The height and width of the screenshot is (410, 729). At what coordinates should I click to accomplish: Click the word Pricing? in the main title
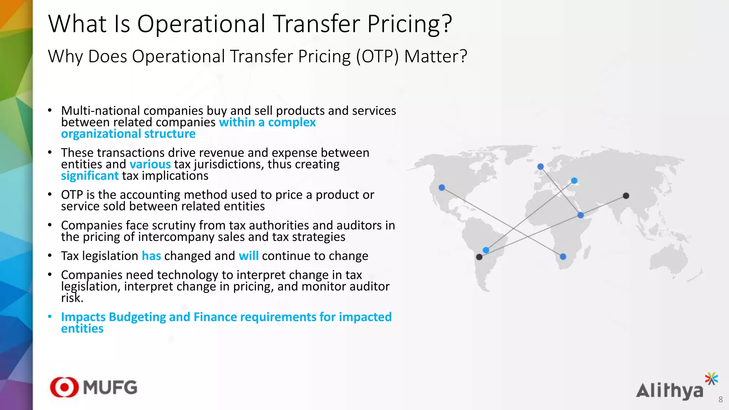(x=409, y=24)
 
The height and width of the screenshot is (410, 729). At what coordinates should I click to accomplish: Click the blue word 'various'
(x=150, y=164)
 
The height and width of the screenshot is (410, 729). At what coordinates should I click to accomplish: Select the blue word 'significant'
(x=90, y=176)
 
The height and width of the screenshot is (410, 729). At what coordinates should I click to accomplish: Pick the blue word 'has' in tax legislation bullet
(x=151, y=256)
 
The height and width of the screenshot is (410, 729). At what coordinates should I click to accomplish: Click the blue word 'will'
(x=248, y=256)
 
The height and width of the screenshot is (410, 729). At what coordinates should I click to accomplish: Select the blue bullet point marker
(x=50, y=316)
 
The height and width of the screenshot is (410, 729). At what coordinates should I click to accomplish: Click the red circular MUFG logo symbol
(x=64, y=387)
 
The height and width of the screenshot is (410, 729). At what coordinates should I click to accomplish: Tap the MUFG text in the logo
(x=110, y=387)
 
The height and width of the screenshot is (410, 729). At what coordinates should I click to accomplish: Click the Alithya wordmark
(x=669, y=391)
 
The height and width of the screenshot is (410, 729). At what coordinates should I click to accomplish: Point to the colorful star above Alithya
(x=711, y=379)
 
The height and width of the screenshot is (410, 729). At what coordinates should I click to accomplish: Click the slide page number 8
(x=720, y=400)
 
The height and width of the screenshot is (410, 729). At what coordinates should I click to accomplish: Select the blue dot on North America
(x=442, y=188)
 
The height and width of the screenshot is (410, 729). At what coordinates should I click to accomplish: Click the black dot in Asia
(x=626, y=196)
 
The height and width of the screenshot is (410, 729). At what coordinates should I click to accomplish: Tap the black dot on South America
(x=479, y=257)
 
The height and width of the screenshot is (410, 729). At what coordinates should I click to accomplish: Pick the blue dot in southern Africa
(x=563, y=257)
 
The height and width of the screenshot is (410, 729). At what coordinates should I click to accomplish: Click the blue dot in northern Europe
(x=540, y=167)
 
